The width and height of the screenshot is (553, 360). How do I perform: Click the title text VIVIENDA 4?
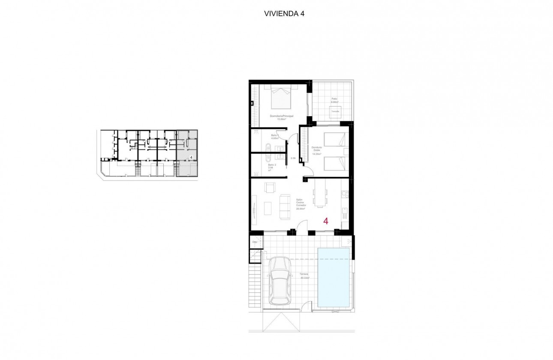[284, 13]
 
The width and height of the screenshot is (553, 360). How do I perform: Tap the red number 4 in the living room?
[326, 221]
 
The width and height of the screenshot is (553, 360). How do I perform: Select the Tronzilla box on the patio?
[335, 112]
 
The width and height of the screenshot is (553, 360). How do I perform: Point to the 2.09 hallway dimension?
[293, 158]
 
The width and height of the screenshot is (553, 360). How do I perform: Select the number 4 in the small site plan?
[190, 157]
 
